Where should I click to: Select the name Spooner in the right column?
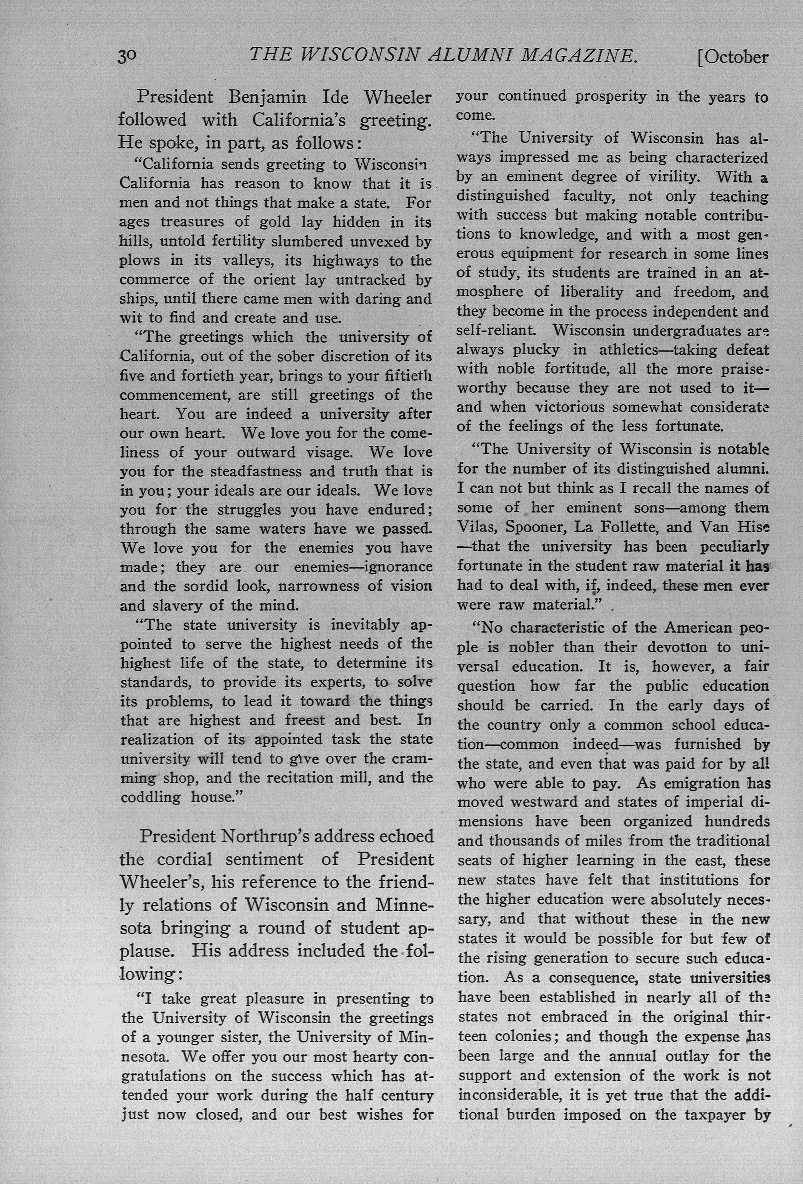541,527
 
